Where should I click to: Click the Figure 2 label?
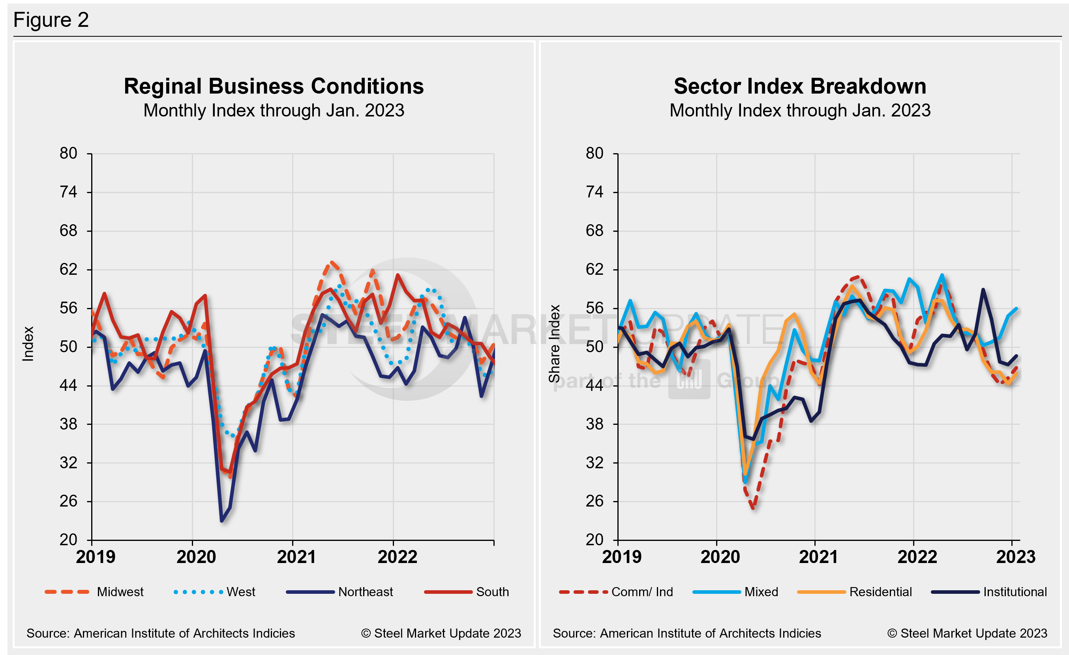pos(51,20)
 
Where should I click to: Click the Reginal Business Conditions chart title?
pos(273,86)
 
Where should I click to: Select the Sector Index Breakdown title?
pos(800,86)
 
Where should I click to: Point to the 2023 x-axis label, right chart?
pos(1015,557)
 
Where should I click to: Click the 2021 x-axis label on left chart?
pos(296,557)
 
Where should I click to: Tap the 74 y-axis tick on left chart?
pos(69,192)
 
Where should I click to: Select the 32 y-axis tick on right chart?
pos(595,462)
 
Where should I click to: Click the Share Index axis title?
pos(555,343)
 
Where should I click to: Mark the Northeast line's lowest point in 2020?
pos(222,520)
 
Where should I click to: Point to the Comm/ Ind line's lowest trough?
pos(754,507)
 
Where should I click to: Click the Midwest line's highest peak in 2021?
pos(332,262)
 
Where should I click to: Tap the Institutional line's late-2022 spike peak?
pos(983,289)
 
